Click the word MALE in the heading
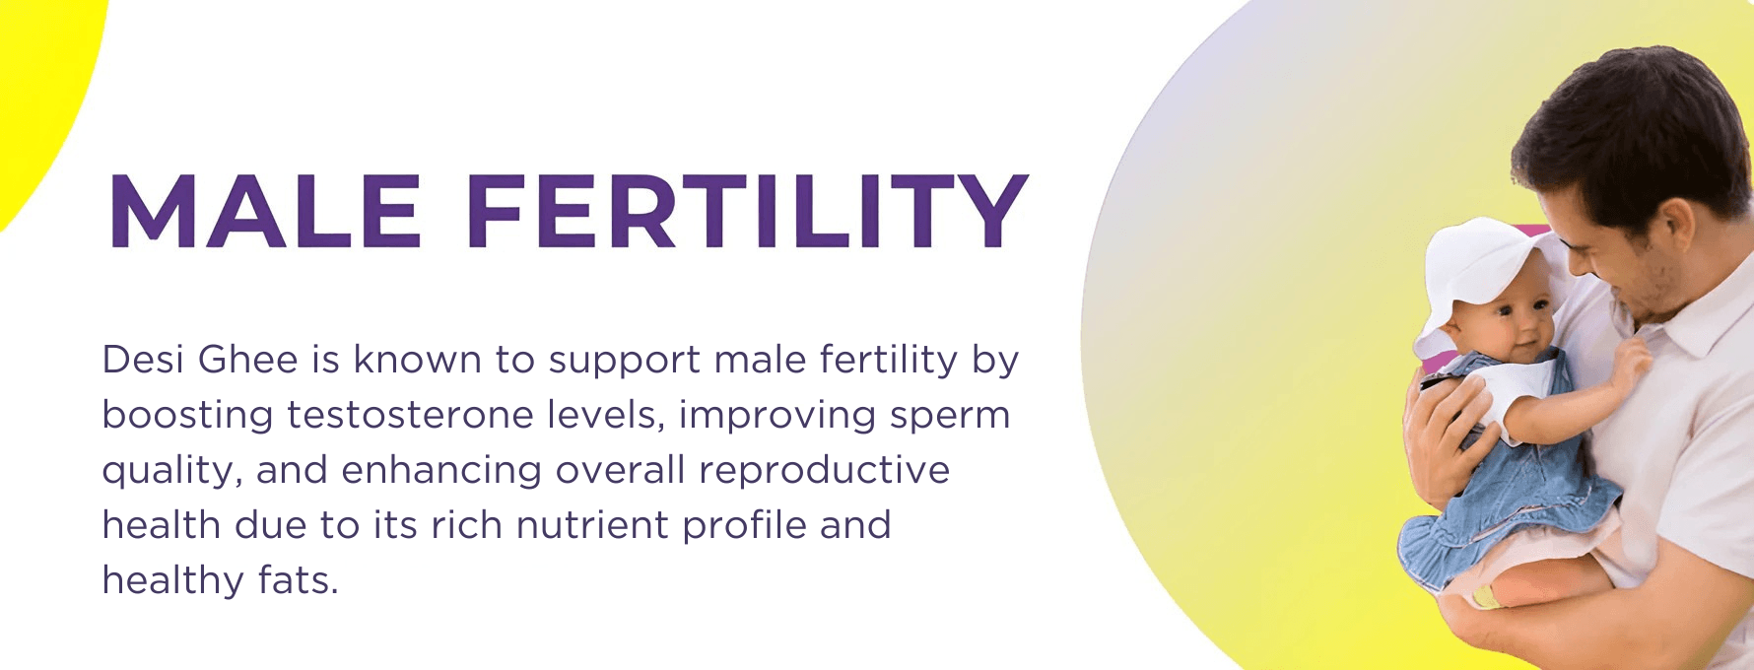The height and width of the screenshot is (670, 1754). point(265,211)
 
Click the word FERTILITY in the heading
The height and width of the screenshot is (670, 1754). point(748,211)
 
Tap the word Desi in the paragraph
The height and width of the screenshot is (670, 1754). point(143,360)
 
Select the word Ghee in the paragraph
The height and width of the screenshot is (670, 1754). point(248,360)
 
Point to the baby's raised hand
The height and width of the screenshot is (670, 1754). point(1627,364)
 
